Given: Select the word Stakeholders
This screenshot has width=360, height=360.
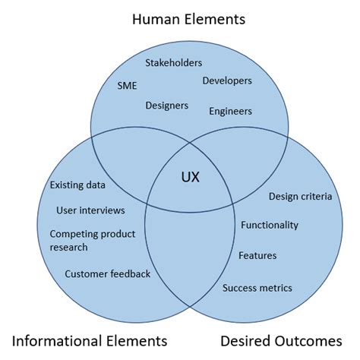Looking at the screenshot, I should point(173,63).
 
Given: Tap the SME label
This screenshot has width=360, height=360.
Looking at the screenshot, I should point(128,86).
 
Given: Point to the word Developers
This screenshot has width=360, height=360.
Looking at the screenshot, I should point(227,81).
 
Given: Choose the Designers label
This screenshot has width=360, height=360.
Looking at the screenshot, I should point(167,105).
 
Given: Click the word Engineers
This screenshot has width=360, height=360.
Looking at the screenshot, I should point(230,112).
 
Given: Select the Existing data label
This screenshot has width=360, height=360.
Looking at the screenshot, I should point(77,185).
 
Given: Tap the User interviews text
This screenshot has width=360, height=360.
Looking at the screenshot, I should point(90,210).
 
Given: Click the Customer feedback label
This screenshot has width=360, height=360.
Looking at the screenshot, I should point(107,274).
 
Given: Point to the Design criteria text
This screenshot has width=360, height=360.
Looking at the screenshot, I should point(300,197).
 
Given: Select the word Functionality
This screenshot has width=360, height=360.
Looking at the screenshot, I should point(270,225).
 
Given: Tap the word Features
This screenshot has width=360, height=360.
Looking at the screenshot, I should point(257,255).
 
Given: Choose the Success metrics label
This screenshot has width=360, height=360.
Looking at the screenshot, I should point(257,288).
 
